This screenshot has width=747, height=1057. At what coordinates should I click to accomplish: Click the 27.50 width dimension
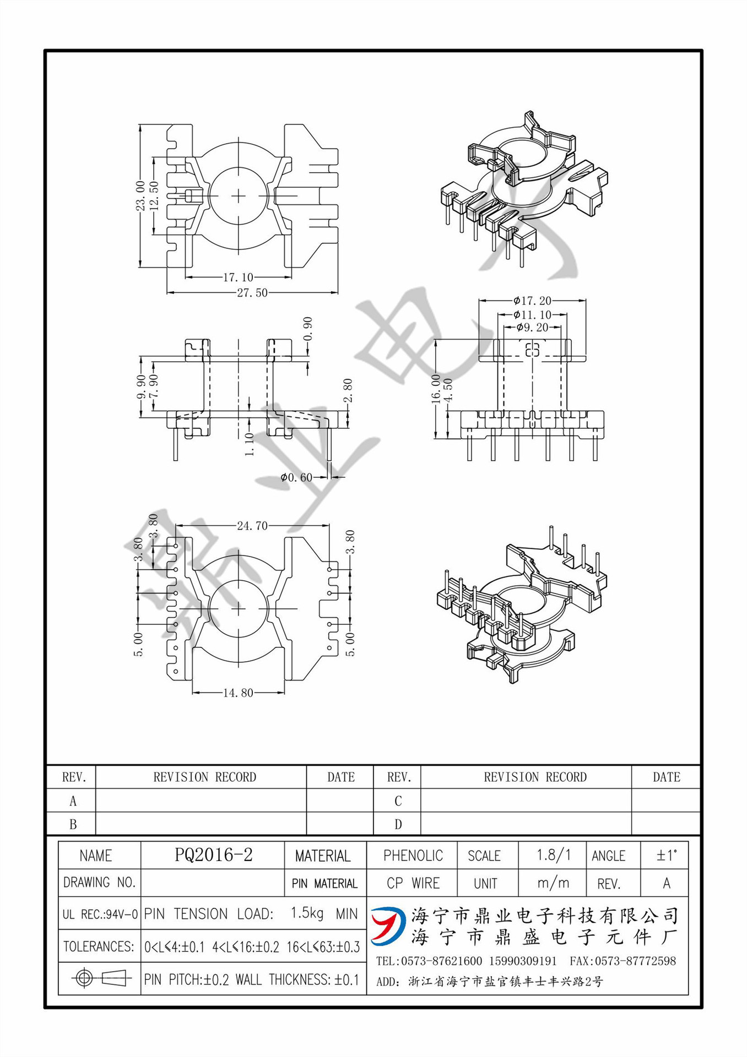click(252, 293)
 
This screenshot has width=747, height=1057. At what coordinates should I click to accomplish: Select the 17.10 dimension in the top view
click(238, 277)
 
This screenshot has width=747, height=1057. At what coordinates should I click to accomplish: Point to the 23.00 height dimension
click(140, 196)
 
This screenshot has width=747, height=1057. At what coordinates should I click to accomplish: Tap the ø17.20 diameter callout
click(532, 301)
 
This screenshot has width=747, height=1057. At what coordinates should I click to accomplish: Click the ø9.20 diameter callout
click(532, 328)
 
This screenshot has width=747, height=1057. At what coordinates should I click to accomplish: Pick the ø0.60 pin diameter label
click(296, 477)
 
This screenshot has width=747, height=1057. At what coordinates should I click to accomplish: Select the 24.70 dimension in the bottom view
click(252, 526)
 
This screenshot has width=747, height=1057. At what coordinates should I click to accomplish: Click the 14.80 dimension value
click(238, 693)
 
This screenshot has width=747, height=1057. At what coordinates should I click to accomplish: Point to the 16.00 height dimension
click(436, 389)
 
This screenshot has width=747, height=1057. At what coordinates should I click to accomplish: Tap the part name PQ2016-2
click(213, 854)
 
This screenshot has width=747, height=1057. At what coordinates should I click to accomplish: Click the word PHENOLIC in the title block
click(413, 856)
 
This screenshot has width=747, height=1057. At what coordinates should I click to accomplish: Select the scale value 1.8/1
click(553, 855)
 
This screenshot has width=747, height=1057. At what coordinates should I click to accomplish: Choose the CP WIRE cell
click(413, 883)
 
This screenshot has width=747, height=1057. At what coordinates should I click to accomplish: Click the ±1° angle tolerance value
click(666, 855)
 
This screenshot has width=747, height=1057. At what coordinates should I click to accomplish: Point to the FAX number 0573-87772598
click(622, 961)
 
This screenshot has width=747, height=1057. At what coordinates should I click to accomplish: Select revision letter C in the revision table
click(398, 801)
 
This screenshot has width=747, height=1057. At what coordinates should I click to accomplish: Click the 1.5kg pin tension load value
click(307, 913)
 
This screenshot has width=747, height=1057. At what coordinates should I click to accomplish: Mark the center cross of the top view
click(238, 196)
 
